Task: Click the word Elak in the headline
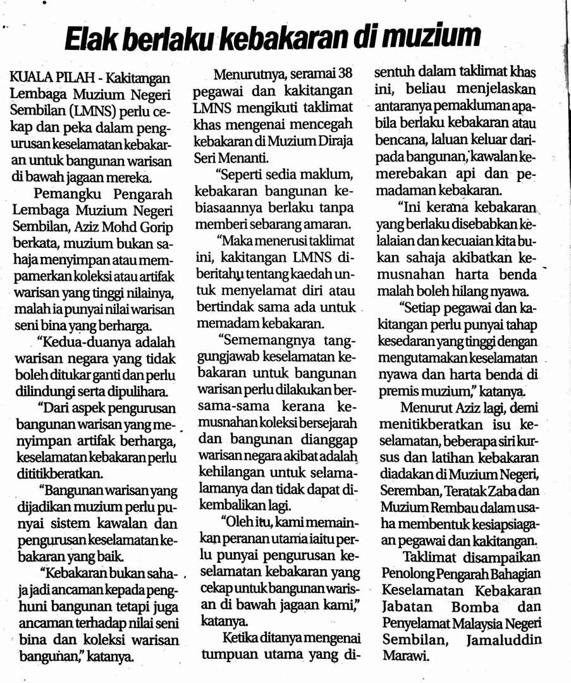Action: pyautogui.click(x=91, y=39)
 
